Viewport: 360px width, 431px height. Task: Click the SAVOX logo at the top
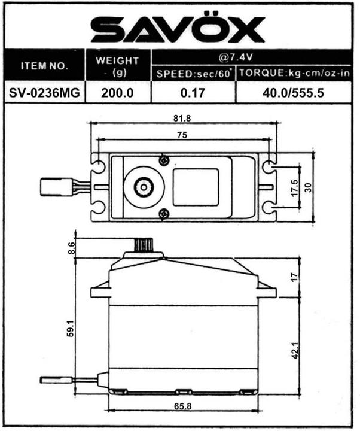178,29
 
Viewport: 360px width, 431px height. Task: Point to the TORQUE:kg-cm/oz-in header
294,74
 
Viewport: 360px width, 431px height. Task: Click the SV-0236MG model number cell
44,93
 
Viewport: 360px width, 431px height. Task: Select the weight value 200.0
117,93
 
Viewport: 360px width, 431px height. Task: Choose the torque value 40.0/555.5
294,93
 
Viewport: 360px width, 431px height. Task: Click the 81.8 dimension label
182,118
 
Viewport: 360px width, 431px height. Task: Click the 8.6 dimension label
72,247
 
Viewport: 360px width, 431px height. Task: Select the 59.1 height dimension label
72,328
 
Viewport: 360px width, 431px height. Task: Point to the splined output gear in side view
144,244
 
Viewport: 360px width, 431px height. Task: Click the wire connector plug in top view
52,187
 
